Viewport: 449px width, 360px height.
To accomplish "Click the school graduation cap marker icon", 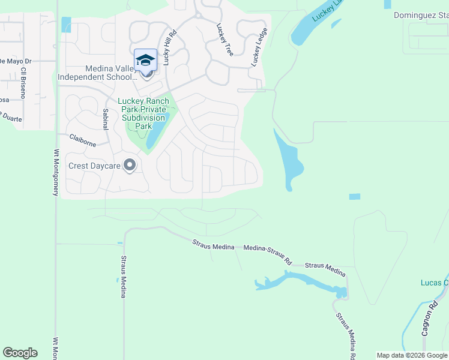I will [x=145, y=60].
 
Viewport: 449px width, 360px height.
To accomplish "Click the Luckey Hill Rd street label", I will [x=169, y=48].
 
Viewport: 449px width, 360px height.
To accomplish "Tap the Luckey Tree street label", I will [x=224, y=41].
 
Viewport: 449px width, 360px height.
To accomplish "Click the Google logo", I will [x=20, y=353].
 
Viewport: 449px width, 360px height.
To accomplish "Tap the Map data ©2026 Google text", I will [x=412, y=355].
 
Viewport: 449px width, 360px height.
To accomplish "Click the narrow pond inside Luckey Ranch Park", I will [x=154, y=132].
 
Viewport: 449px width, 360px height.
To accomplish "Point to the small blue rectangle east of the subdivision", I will [x=355, y=197].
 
